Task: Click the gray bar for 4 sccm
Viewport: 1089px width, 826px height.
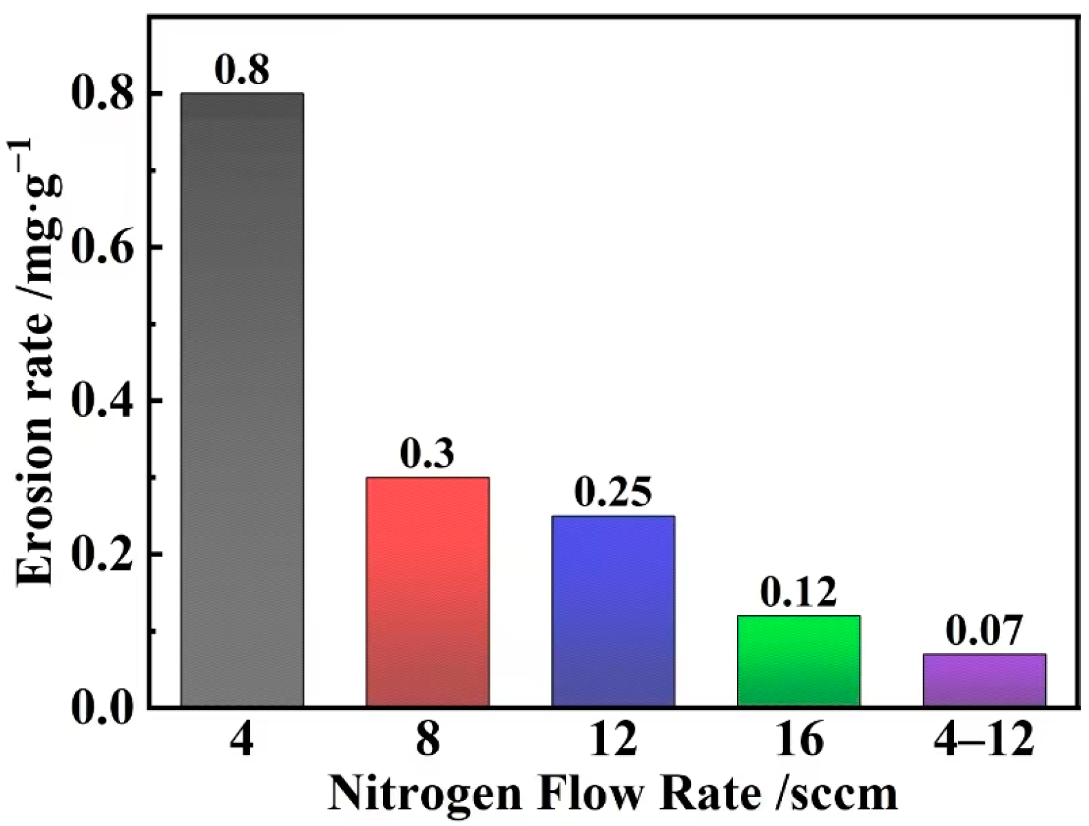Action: point(242,400)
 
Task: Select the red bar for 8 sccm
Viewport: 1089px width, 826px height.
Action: point(427,592)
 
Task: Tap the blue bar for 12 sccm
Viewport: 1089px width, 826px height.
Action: point(613,611)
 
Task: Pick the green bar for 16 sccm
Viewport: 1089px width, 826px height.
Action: point(798,661)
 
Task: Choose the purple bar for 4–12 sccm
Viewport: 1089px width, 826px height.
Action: point(984,681)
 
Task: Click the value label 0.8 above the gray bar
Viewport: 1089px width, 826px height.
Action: point(242,70)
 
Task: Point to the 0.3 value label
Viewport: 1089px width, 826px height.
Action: point(427,453)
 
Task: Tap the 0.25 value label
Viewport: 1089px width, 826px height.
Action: point(612,492)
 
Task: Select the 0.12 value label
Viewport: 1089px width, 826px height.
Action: point(798,592)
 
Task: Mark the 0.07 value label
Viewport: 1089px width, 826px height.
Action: point(984,630)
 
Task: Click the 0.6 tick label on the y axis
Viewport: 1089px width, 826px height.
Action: point(102,247)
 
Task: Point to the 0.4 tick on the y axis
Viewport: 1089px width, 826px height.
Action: point(102,400)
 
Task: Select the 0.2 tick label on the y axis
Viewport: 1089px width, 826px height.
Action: point(102,555)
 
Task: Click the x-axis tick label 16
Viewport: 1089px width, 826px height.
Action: point(798,741)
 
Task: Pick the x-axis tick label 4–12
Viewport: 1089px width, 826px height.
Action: point(984,741)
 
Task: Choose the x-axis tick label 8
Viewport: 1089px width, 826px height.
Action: point(427,741)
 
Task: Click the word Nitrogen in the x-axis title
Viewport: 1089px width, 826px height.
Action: point(425,795)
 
